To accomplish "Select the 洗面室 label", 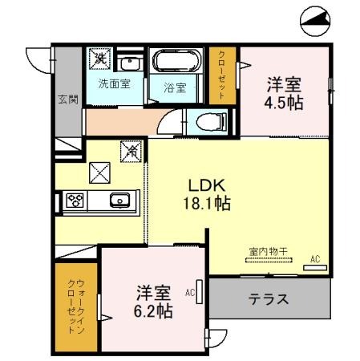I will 115,83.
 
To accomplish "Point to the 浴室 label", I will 175,88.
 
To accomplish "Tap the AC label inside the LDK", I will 315,258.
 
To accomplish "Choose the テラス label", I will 268,299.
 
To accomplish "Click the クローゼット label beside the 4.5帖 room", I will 222,75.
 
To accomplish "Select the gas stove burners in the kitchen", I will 76,201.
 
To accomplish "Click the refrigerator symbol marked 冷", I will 130,149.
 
